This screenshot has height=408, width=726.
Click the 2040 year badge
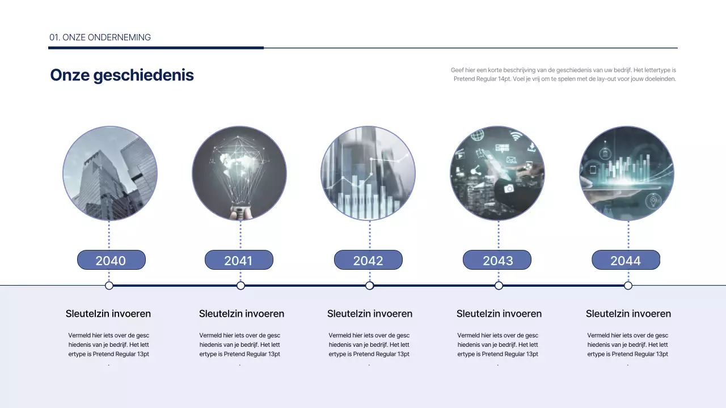tap(111, 260)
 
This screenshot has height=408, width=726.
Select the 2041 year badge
tap(239, 260)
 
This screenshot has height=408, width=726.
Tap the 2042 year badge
tap(368, 260)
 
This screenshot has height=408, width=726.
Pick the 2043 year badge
tap(497, 260)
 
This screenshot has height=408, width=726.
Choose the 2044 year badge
tap(626, 260)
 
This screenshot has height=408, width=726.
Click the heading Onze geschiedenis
tap(122, 75)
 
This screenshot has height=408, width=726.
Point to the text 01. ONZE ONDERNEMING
tap(100, 37)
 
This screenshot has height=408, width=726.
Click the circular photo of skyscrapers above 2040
tap(110, 173)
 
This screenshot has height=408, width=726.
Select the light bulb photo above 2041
tap(239, 173)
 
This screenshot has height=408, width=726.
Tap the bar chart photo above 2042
tap(368, 173)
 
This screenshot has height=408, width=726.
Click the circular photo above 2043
tap(497, 173)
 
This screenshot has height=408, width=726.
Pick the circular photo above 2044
tap(627, 173)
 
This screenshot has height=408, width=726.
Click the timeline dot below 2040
tap(109, 286)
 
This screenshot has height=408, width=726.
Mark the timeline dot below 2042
tap(369, 286)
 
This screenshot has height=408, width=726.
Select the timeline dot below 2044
tap(628, 286)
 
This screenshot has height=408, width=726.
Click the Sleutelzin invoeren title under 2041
tap(242, 313)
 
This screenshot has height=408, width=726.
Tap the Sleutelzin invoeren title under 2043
tap(499, 313)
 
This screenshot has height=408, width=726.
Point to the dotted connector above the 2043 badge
tap(499, 235)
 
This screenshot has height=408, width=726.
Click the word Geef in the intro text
tap(457, 70)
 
